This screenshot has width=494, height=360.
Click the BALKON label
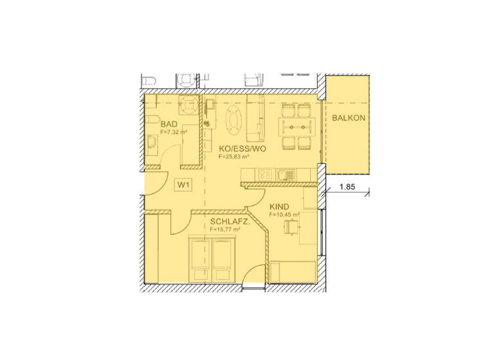[x=349, y=118]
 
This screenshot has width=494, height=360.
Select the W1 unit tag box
[x=184, y=185]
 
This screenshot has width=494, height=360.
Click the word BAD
[x=169, y=124]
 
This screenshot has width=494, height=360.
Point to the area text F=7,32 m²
[x=174, y=132]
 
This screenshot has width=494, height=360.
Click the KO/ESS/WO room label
[x=242, y=147]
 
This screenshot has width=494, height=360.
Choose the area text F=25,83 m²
[x=233, y=156]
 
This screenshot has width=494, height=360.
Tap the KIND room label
[x=279, y=206]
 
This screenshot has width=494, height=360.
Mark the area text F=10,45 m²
[x=281, y=215]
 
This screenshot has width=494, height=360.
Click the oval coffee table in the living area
[x=233, y=120]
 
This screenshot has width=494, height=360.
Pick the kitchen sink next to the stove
[x=285, y=174]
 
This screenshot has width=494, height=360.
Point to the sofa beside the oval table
[x=257, y=120]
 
